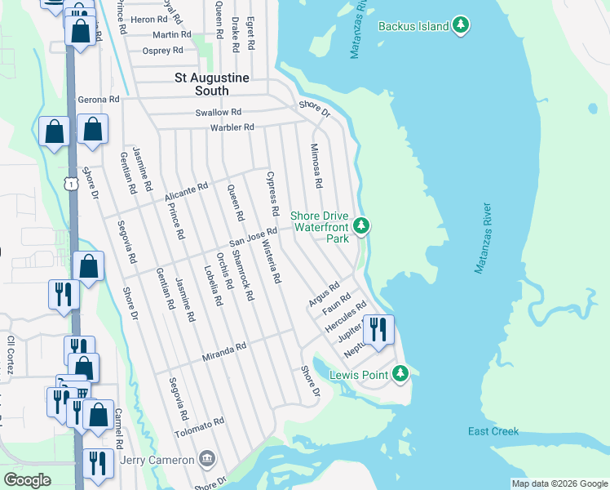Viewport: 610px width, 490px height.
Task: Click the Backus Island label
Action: pos(413,26)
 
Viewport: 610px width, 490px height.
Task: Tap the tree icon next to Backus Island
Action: pos(462,26)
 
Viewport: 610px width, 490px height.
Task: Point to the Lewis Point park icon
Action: pos(400,374)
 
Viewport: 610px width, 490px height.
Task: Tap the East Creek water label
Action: pos(493,431)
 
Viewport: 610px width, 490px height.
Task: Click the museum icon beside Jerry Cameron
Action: pos(208,459)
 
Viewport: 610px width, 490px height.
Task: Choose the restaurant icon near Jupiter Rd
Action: pos(378,329)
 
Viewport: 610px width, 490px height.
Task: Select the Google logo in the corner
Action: pos(27,480)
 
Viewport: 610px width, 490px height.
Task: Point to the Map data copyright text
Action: pos(559,483)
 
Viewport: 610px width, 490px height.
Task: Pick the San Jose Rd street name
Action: pos(253,236)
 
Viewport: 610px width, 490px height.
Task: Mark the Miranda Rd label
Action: pos(224,352)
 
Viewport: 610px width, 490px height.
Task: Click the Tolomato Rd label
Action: pos(199,426)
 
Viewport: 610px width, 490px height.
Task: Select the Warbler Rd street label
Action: pos(232,127)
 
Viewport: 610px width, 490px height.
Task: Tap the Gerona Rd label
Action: pos(99,100)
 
